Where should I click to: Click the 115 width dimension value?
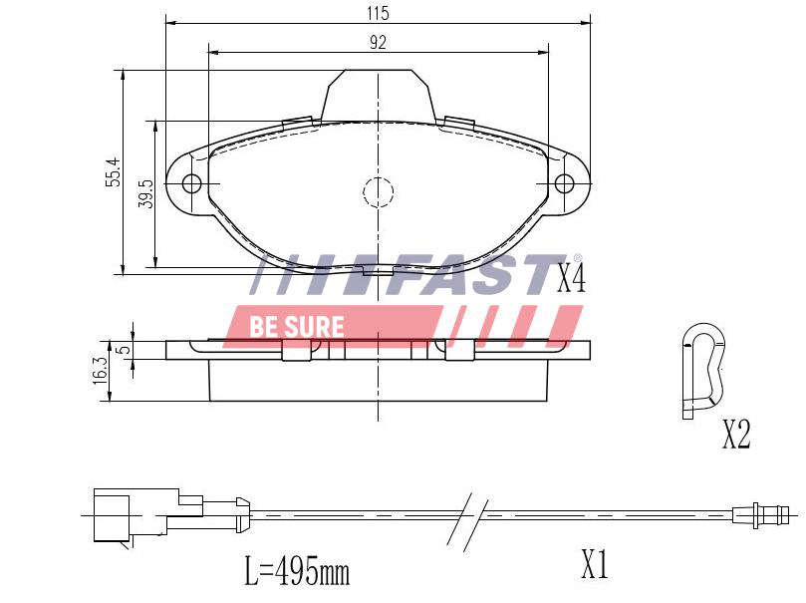pos(378,12)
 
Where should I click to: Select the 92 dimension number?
pos(378,42)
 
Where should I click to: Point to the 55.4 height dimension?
pos(113,171)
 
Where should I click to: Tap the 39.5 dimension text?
pos(146,193)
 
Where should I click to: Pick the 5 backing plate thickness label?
pos(124,350)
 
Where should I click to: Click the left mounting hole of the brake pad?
pos(192,183)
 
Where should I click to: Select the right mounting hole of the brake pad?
pos(564,183)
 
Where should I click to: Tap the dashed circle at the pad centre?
pos(379,192)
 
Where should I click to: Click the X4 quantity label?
pos(572,280)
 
